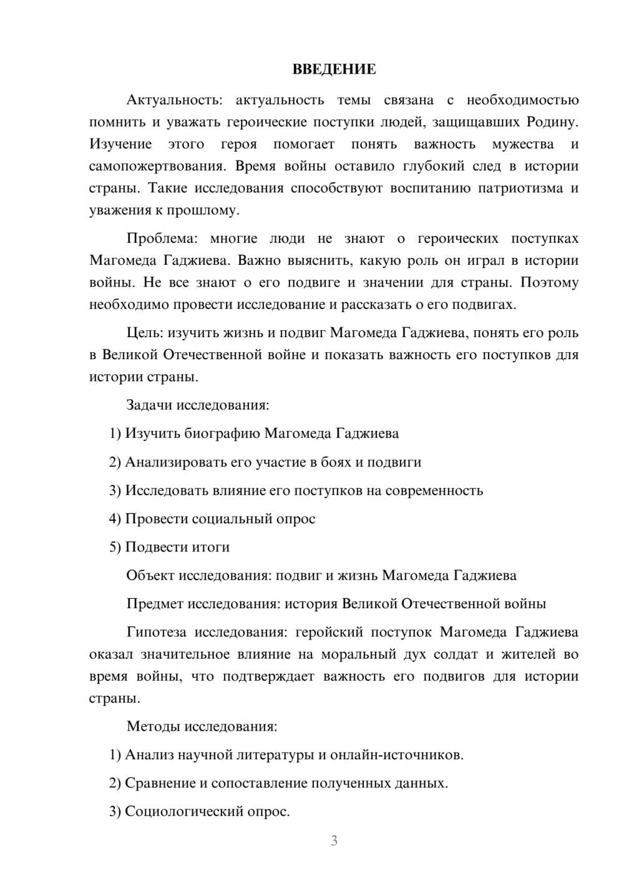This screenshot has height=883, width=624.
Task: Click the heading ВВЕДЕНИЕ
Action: click(x=334, y=69)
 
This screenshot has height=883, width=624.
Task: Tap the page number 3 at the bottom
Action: click(x=334, y=841)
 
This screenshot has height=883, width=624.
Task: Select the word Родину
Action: click(x=553, y=122)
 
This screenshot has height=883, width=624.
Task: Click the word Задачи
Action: click(x=150, y=405)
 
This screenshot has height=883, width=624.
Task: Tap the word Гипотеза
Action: click(x=156, y=632)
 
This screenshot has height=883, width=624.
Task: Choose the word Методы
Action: click(x=150, y=726)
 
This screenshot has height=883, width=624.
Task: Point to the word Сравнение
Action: click(x=160, y=783)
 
